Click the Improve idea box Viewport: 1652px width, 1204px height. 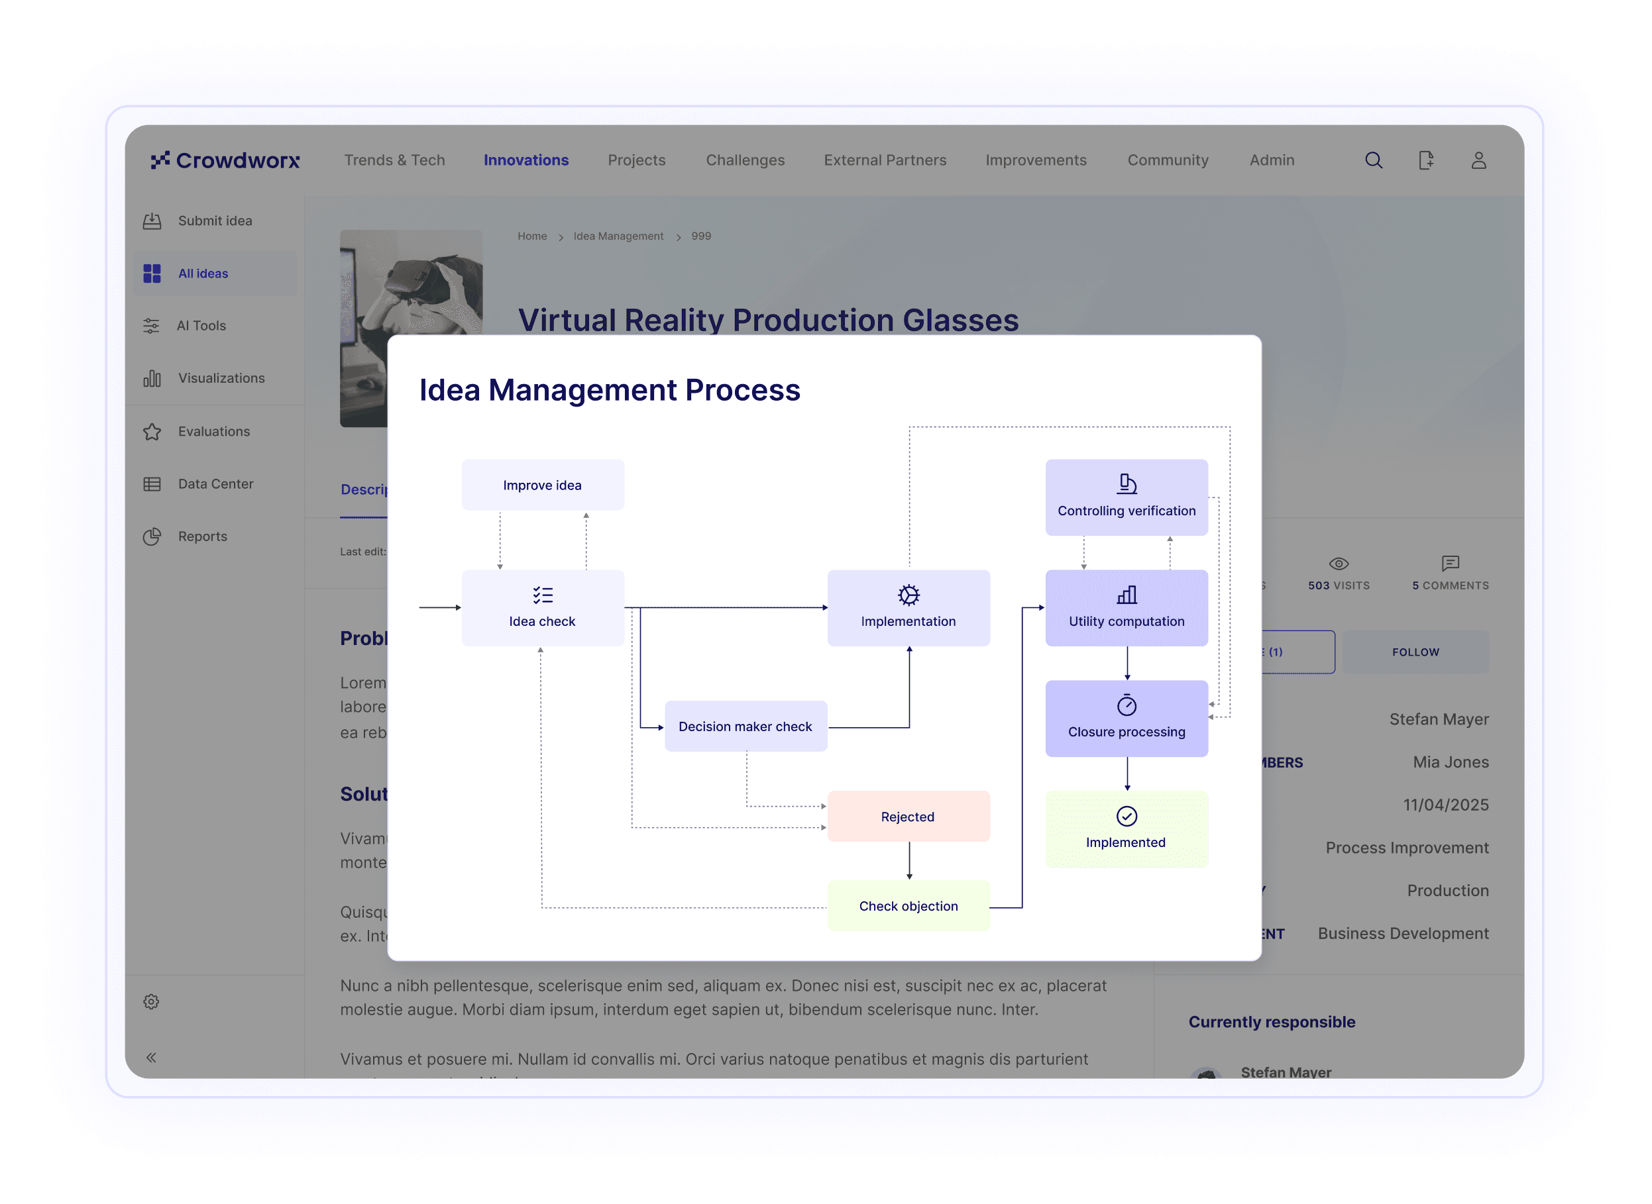(x=543, y=485)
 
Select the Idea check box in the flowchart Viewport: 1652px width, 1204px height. (x=543, y=608)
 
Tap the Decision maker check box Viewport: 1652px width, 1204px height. (x=745, y=727)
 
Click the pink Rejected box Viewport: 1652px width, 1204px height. (x=908, y=817)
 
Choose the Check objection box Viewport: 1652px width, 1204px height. (x=909, y=906)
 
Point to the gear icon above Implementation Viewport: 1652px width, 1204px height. (x=909, y=595)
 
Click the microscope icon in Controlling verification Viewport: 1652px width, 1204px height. (x=1127, y=484)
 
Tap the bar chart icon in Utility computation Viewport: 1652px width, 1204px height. (x=1127, y=595)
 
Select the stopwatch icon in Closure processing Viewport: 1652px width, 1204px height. (x=1127, y=705)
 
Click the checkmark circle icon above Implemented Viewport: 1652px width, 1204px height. (x=1127, y=815)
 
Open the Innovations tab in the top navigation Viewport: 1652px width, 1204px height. (x=525, y=160)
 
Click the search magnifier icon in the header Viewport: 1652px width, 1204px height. (x=1374, y=160)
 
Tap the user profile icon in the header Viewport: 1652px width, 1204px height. (x=1478, y=160)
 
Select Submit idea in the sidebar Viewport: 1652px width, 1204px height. (x=214, y=221)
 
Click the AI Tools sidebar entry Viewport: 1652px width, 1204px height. (x=201, y=326)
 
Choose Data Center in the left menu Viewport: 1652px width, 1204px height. (x=215, y=484)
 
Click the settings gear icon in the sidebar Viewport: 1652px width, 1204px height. (x=152, y=1001)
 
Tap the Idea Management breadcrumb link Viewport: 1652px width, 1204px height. (x=618, y=236)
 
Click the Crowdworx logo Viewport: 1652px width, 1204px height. (x=225, y=160)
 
